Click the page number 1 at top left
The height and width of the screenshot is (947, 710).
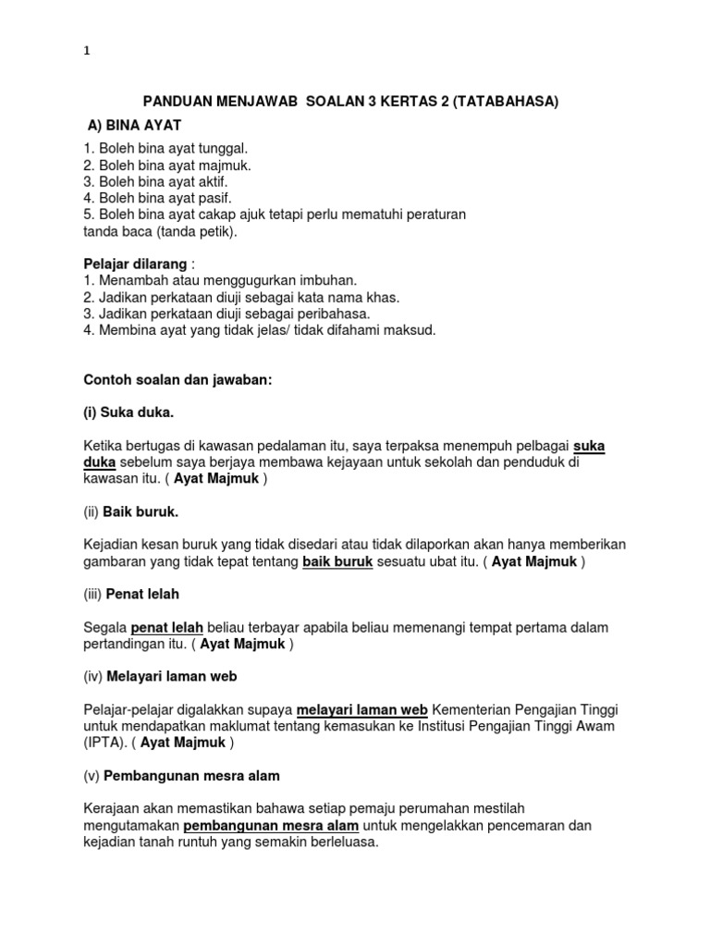pos(87,52)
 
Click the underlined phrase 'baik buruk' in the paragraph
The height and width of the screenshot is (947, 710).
pos(337,561)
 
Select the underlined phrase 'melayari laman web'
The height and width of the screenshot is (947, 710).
pos(361,710)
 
